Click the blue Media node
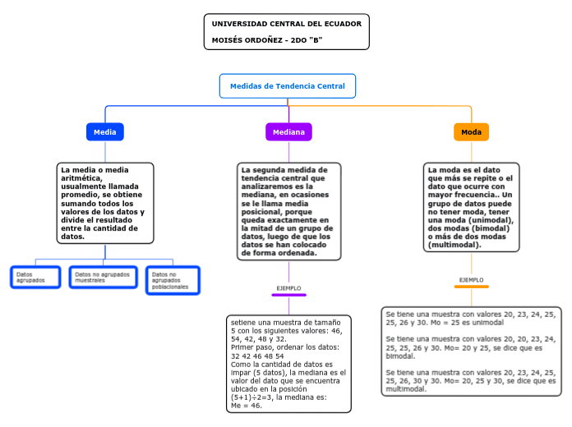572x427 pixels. tap(104, 132)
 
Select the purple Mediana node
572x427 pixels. tap(288, 132)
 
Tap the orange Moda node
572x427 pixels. tap(471, 132)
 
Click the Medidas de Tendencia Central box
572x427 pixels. tap(288, 86)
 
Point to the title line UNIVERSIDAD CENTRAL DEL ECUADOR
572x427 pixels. tap(286, 24)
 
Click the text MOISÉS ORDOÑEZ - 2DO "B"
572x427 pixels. tap(267, 39)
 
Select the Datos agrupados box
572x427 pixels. tap(35, 278)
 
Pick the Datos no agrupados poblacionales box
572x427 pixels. tap(173, 280)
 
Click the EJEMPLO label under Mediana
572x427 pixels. tap(288, 288)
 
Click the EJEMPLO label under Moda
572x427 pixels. tap(471, 280)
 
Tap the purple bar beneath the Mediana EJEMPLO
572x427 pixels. tap(288, 295)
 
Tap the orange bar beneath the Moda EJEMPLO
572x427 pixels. tap(471, 287)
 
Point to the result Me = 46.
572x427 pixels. tap(247, 405)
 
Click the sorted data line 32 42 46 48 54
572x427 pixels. tap(257, 356)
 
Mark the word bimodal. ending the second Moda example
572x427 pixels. tap(401, 356)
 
